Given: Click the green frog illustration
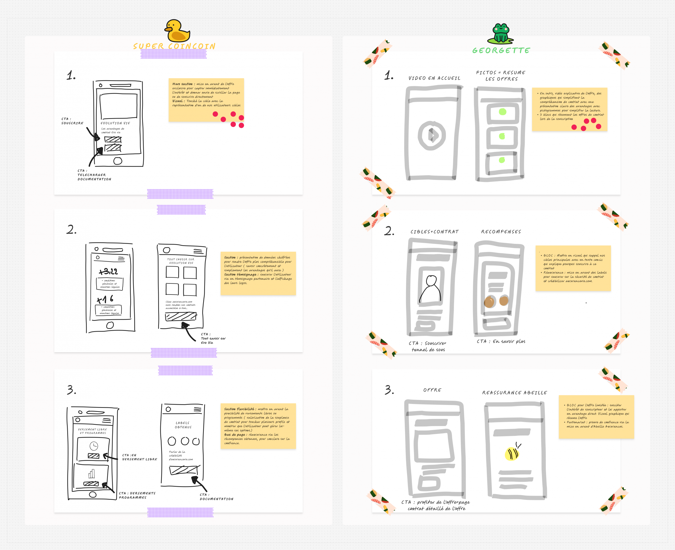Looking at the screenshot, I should pos(500,33).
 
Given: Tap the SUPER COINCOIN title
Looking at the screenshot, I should pos(174,46).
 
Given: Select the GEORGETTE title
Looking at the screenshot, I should pos(501,50).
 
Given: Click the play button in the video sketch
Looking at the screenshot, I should pos(432,135).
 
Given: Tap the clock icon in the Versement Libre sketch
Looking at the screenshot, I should pos(94,446).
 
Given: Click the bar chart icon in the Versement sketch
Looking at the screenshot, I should pos(91,474).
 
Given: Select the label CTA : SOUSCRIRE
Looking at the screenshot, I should pos(72,121).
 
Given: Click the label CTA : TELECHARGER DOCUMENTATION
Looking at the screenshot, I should pos(94,175).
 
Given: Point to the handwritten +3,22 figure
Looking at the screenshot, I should pos(108,271).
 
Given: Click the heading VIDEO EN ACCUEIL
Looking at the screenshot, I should pos(434,78).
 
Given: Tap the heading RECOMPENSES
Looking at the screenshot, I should pos(501,231).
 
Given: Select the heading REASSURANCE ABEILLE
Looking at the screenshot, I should pos(514,393).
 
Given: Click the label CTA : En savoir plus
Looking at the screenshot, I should pos(501,341).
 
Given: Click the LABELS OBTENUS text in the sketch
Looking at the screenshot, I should pos(183,425).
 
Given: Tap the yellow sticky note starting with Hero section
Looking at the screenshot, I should pos(206,100).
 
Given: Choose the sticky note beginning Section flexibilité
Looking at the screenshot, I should pos(258,426).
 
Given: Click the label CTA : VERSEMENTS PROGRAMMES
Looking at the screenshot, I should pos(137,495).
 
